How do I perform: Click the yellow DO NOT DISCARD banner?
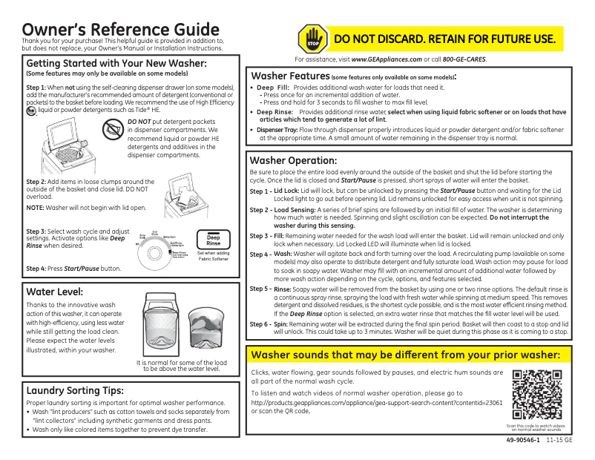tap(444, 39)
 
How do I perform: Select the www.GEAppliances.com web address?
tap(386, 59)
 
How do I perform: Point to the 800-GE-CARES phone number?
tap(464, 59)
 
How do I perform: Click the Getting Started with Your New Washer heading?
tap(116, 63)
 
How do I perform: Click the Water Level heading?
tap(54, 292)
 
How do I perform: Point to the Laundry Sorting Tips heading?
tap(74, 390)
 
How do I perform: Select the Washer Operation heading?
tap(294, 160)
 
